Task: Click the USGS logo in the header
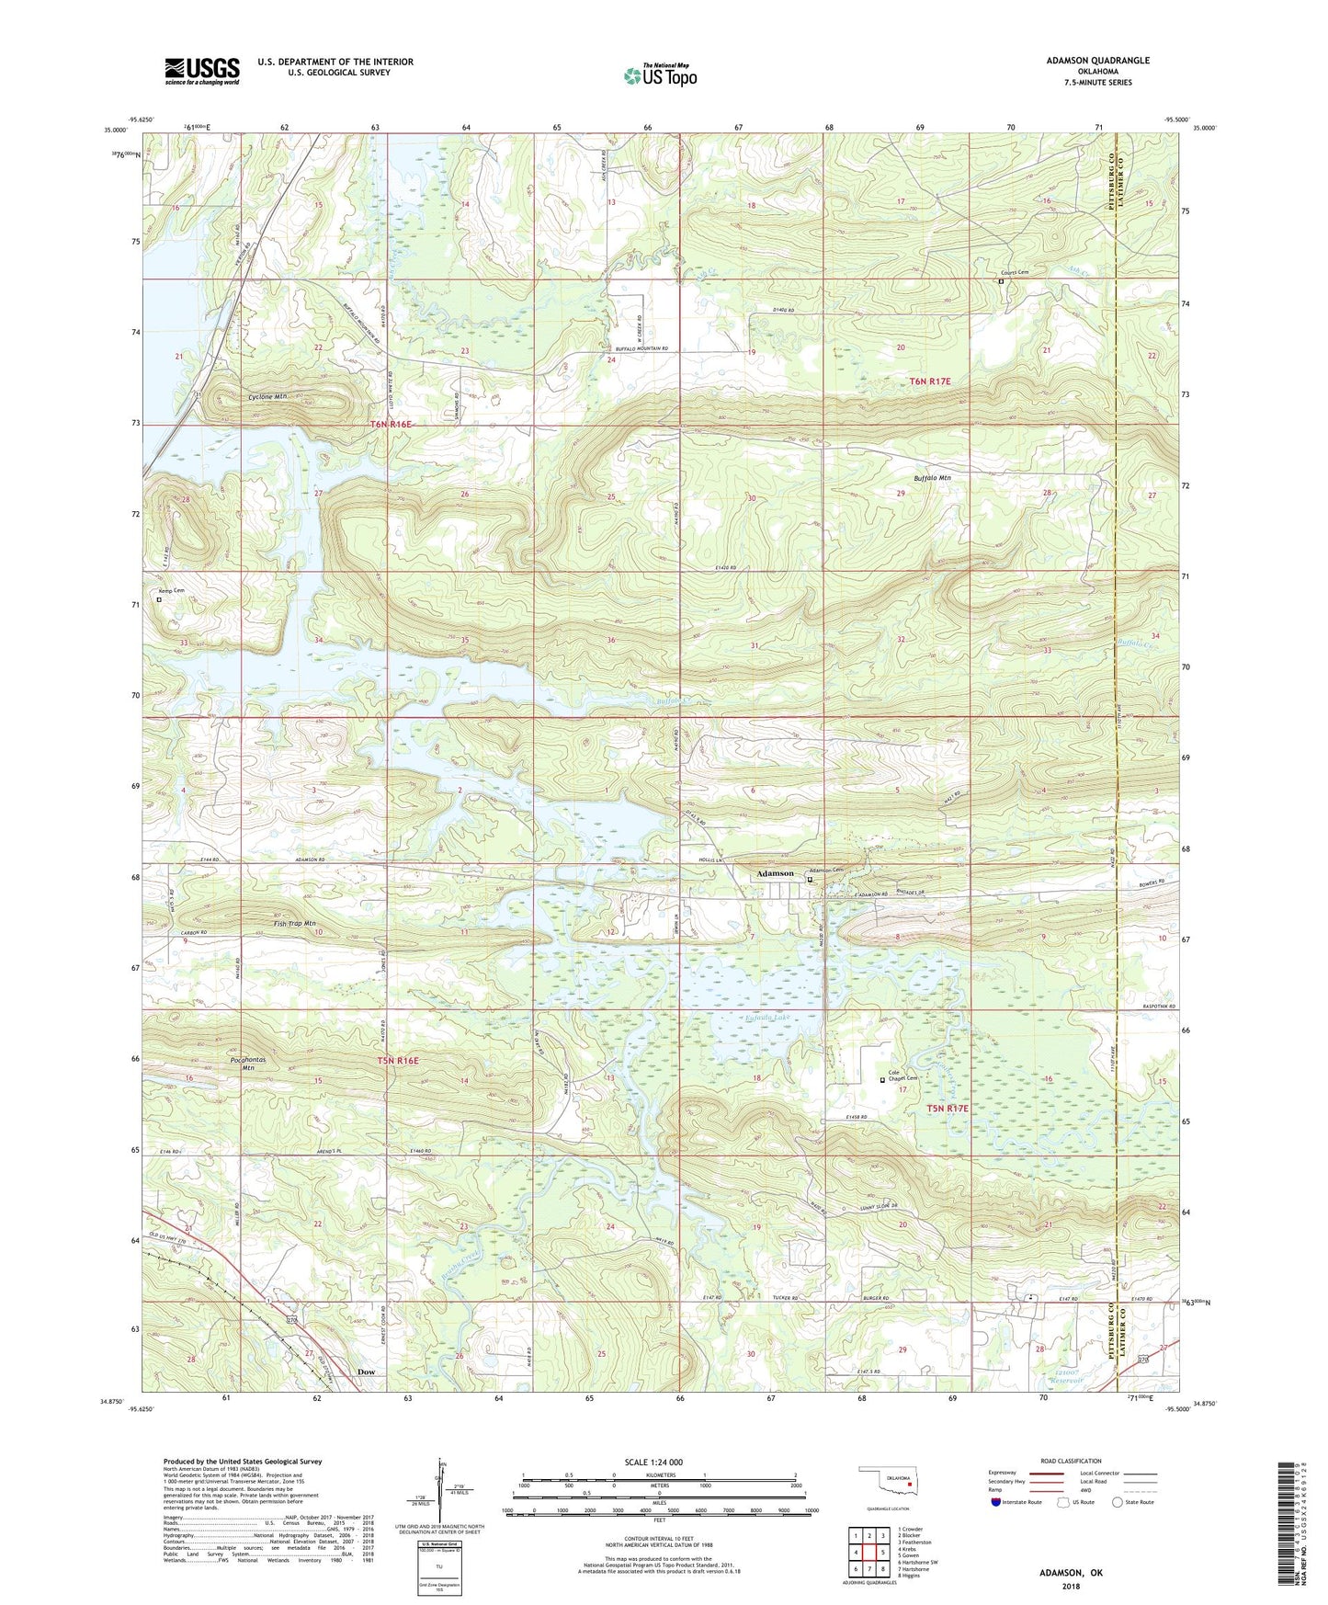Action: (202, 70)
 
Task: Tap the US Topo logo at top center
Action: (659, 75)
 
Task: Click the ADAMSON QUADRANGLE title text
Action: (1097, 61)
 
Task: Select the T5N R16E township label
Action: (397, 1061)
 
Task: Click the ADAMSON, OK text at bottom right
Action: (1071, 1573)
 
